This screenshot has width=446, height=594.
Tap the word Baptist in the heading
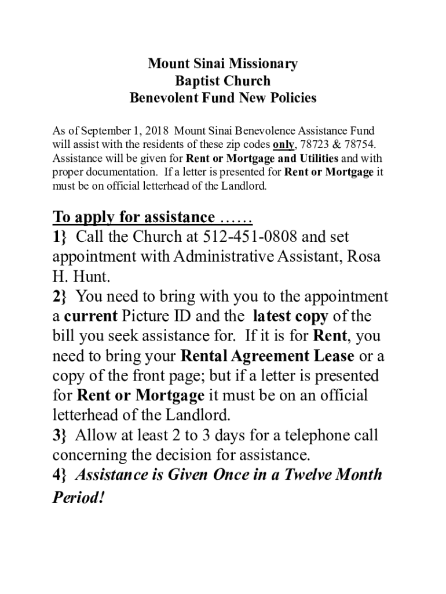coord(197,81)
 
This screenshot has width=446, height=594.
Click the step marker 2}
coord(60,297)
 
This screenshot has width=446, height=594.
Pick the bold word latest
coord(273,317)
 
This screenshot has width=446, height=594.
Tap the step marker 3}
coord(60,435)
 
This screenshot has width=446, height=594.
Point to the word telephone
coord(313,435)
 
